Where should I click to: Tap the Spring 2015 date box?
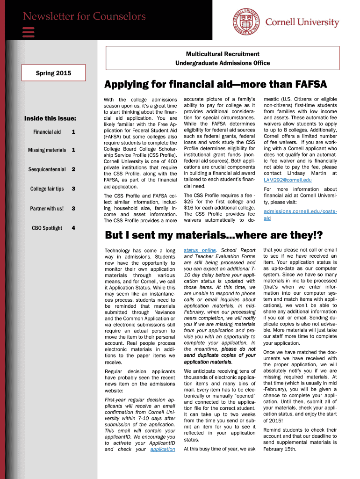point(54,73)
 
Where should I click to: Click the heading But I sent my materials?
point(214,234)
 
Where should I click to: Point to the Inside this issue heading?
point(50,118)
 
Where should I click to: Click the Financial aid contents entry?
point(47,132)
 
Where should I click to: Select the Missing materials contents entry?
point(47,150)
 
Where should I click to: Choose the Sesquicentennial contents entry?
point(47,169)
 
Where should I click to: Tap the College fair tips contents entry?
point(47,189)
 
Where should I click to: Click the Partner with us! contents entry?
point(47,208)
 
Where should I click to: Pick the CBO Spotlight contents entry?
point(47,228)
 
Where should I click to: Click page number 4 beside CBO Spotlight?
point(73,228)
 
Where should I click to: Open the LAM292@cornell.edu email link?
point(288,180)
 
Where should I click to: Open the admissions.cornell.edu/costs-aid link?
point(300,215)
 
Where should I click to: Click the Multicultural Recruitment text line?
point(223,54)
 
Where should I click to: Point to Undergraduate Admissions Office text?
point(223,63)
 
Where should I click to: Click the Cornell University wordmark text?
point(302,22)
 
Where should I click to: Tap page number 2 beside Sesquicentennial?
point(73,169)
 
